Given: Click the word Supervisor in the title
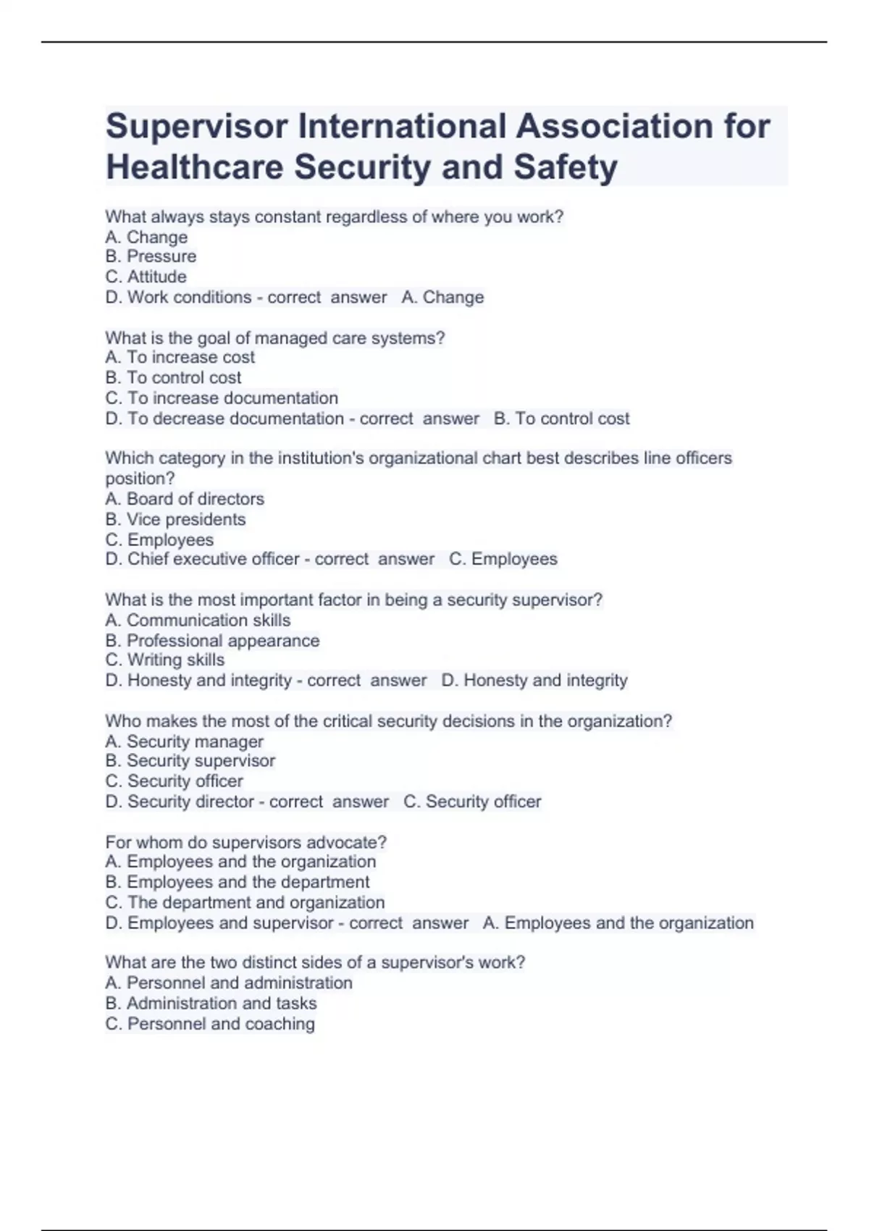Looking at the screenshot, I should click(196, 127).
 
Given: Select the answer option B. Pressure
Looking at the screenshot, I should click(151, 256).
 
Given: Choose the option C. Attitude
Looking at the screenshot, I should click(146, 277).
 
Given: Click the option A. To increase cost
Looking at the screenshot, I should click(180, 357).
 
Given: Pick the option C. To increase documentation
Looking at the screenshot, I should click(222, 398).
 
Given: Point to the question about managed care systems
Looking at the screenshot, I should click(274, 337).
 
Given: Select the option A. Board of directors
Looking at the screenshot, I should click(185, 499).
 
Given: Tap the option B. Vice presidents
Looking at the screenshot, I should click(175, 519).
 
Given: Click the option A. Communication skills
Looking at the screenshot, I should click(198, 620).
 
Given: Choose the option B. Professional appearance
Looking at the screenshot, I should click(212, 640).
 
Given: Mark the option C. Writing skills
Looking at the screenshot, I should click(164, 660).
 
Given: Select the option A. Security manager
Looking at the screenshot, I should click(184, 741).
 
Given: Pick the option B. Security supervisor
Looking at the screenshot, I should click(190, 760).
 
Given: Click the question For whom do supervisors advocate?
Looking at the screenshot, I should click(245, 842).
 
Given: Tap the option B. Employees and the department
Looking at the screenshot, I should click(237, 882).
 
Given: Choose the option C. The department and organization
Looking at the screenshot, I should click(245, 902).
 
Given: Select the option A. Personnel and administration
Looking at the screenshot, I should click(228, 983).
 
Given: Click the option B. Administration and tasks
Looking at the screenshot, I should click(211, 1003).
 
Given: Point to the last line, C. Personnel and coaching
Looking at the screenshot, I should click(210, 1023).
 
